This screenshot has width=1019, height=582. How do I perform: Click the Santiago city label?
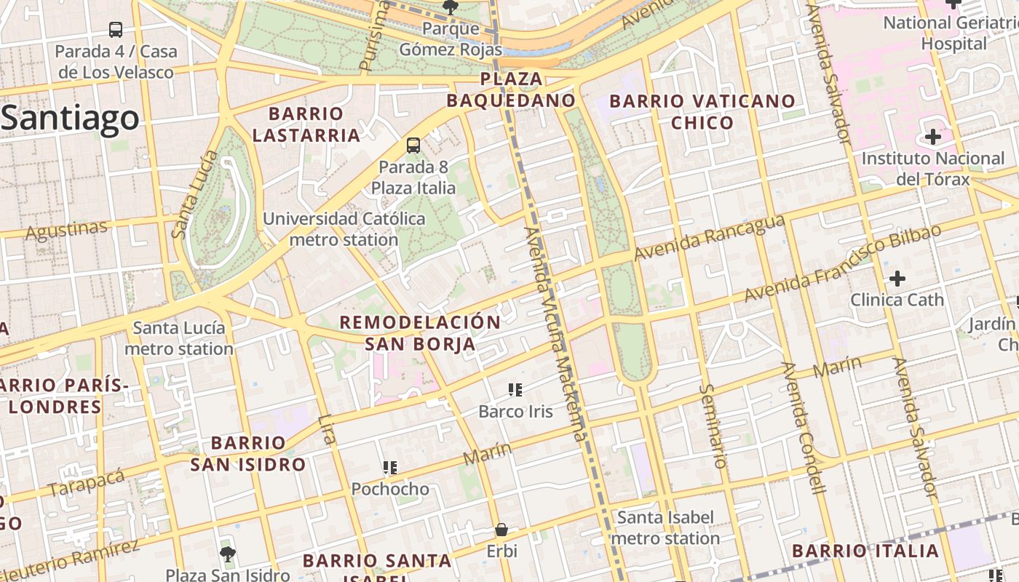click(70, 118)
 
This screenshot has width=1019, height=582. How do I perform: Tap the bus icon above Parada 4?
click(116, 30)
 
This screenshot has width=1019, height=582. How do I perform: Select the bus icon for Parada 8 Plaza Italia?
click(413, 145)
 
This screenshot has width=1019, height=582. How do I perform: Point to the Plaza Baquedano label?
click(511, 89)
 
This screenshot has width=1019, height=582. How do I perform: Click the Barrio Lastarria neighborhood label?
click(306, 124)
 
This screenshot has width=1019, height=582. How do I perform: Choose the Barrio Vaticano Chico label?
click(702, 111)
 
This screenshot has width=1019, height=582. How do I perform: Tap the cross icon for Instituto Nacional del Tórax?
click(932, 137)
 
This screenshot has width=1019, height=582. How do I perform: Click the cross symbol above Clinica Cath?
click(897, 278)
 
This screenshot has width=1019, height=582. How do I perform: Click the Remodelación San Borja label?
click(420, 333)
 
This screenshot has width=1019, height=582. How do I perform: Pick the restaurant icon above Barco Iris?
click(515, 390)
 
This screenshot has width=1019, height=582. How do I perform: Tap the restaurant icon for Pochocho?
click(390, 467)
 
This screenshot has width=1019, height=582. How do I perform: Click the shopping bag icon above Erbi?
click(501, 530)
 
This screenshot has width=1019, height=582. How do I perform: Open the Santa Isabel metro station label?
click(665, 528)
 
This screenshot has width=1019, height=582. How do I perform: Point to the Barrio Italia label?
click(865, 551)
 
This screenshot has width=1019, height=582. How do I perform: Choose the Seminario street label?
click(713, 426)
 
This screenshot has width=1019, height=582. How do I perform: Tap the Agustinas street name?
click(66, 231)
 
